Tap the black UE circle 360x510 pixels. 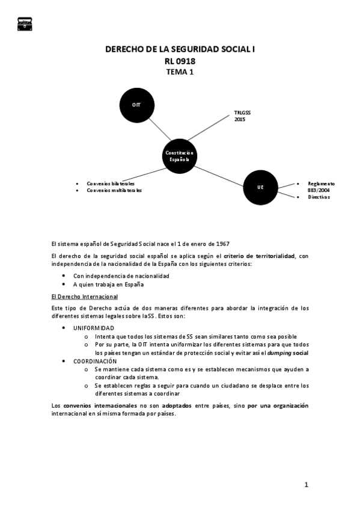coord(260,187)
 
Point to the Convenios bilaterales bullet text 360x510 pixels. coord(111,183)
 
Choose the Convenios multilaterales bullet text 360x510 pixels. coord(114,190)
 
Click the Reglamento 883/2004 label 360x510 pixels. coord(320,186)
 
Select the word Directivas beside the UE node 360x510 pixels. coord(319,197)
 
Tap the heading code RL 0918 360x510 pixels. coord(180,61)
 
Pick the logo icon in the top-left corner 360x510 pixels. coord(25,22)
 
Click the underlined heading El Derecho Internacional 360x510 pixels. coord(85,297)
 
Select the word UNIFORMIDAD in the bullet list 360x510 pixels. coord(94,328)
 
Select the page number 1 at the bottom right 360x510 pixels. coord(306,484)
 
